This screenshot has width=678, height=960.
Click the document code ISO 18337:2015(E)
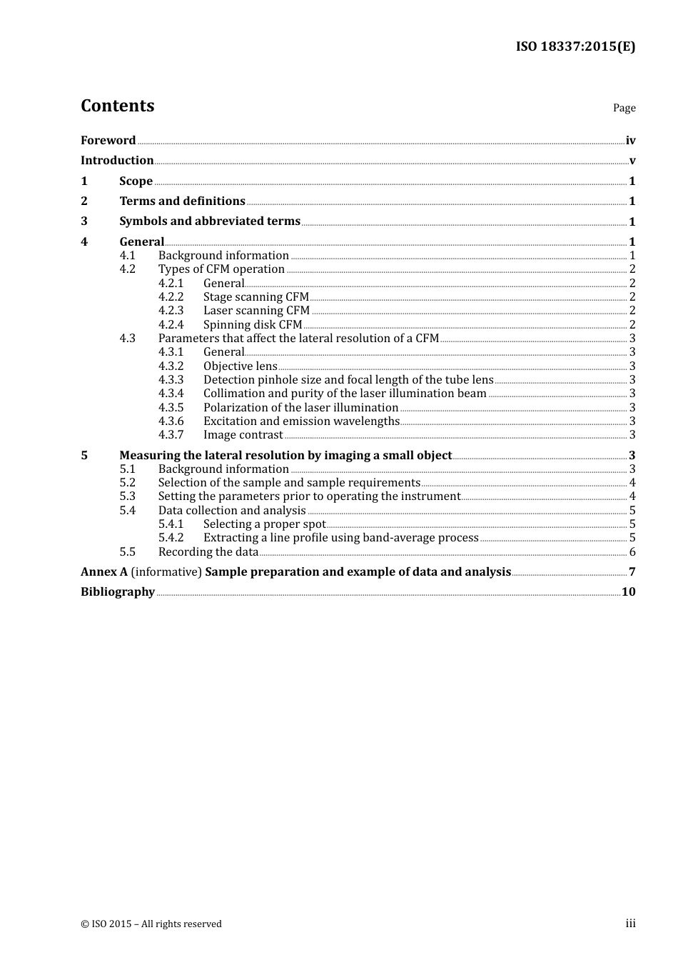tap(575, 46)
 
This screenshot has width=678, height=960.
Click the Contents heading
tap(117, 106)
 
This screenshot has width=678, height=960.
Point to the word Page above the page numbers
tap(624, 108)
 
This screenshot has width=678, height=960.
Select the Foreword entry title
tap(108, 140)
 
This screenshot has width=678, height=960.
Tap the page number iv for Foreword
tap(630, 141)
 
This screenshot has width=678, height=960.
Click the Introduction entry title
tap(117, 160)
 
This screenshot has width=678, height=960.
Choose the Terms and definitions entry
tap(182, 201)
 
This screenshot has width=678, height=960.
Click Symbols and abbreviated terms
tap(210, 221)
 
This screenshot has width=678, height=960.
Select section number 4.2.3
tap(171, 310)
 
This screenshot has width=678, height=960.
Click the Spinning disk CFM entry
tap(253, 324)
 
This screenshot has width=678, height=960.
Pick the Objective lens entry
tap(240, 366)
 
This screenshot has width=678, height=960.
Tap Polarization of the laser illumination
tap(300, 407)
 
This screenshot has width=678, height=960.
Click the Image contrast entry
tap(243, 434)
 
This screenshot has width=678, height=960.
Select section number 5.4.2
tap(171, 537)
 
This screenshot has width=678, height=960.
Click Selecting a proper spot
tap(264, 524)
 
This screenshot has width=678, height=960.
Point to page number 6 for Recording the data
tap(632, 551)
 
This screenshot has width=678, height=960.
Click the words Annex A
tap(104, 571)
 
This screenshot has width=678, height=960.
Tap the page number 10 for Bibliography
tap(628, 591)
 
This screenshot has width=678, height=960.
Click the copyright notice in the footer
tap(151, 924)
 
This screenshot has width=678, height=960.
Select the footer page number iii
tap(630, 924)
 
